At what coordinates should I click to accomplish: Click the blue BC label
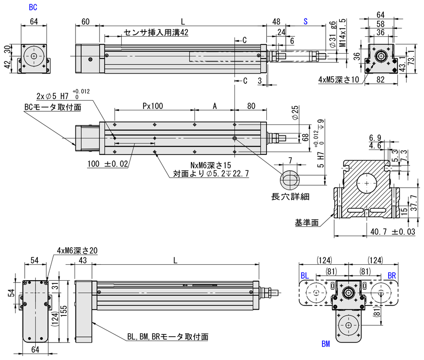tap(33, 7)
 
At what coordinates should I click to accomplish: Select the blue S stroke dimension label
tap(306, 22)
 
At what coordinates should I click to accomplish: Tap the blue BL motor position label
tap(305, 275)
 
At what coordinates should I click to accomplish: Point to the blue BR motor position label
tap(392, 275)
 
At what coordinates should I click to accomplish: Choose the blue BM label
tap(325, 344)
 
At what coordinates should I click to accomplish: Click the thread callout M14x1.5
tap(342, 32)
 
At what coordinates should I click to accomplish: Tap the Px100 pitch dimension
tap(153, 105)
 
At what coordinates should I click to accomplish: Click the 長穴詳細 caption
tap(290, 196)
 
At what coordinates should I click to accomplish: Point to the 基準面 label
tap(307, 223)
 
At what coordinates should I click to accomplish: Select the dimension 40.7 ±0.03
tap(393, 232)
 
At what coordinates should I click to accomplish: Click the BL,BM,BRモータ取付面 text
tap(168, 336)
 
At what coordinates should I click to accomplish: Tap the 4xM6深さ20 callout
tap(77, 250)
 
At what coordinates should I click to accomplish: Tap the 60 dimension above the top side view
tap(86, 22)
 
